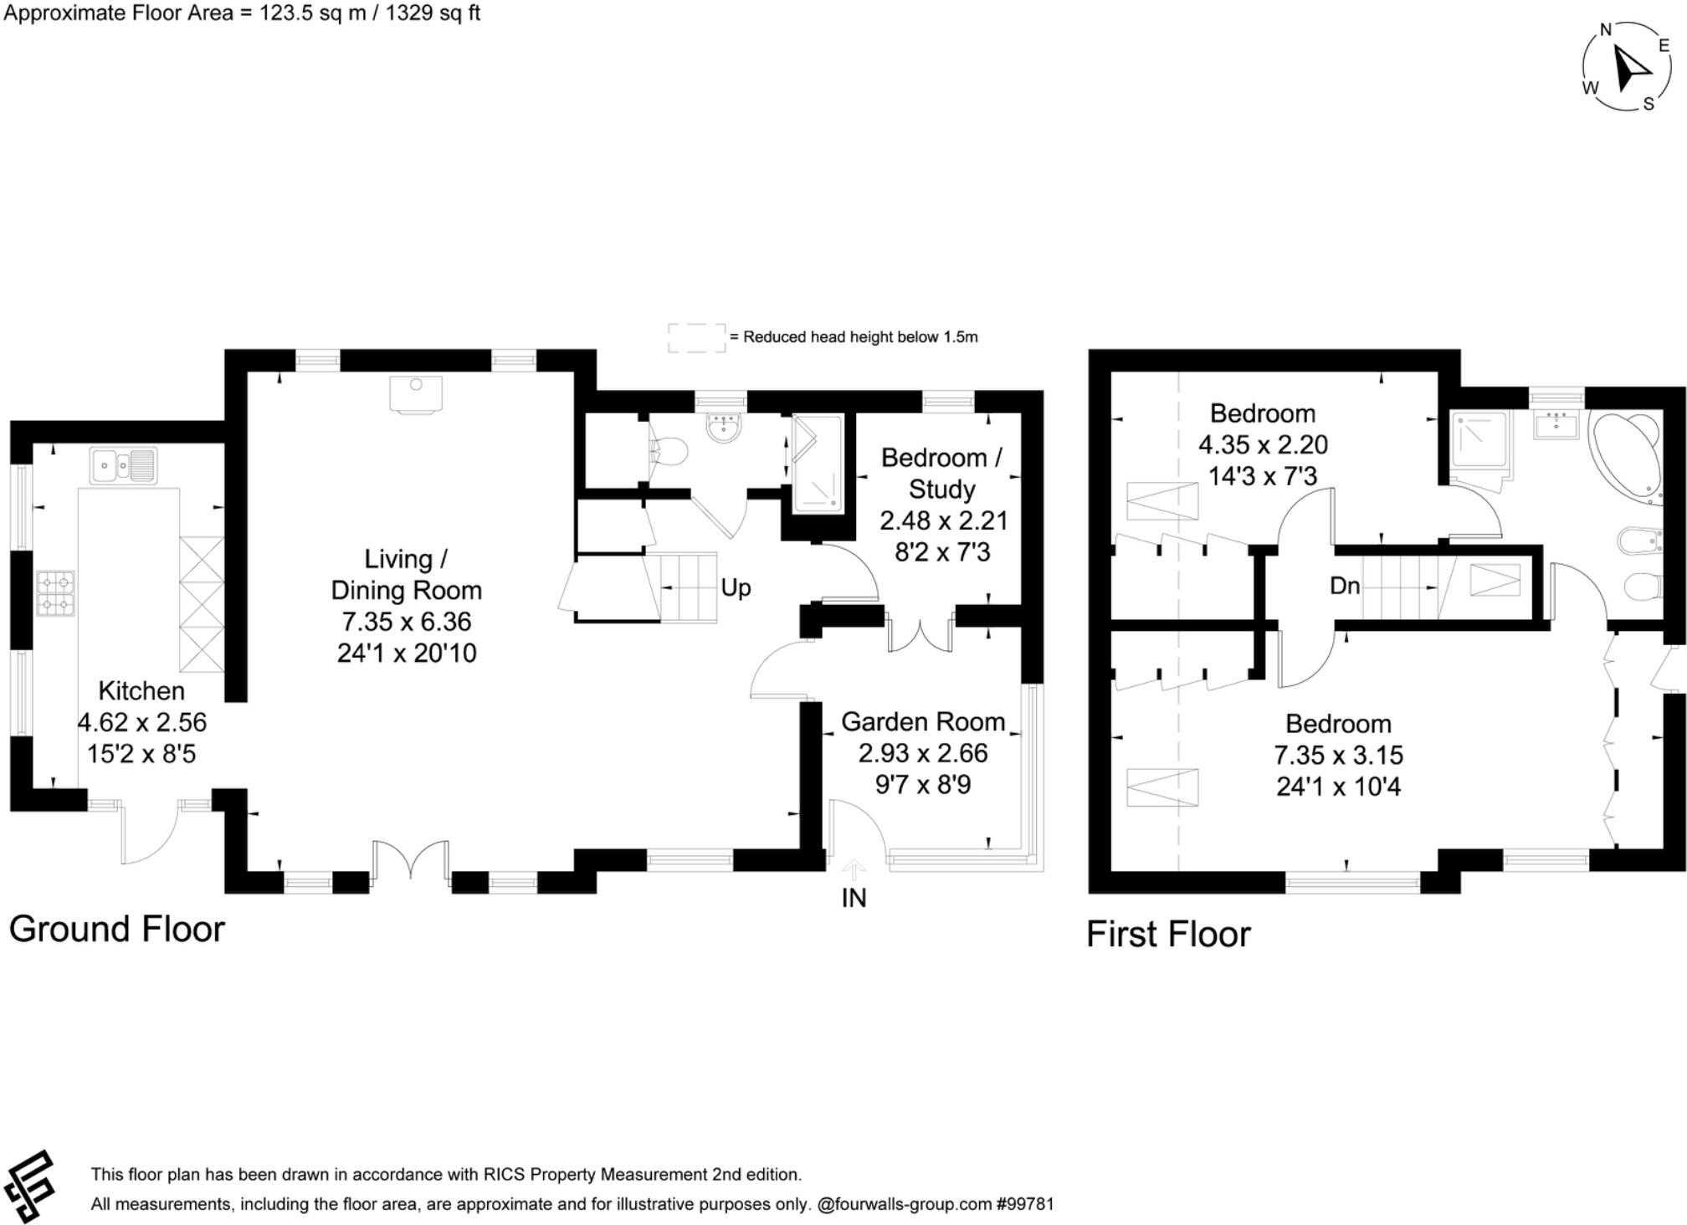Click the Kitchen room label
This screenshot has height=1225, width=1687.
pos(141,691)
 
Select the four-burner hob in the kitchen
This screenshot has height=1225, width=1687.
pos(56,592)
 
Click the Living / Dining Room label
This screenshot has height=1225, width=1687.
pos(406,575)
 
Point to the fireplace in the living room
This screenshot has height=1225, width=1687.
pos(416,394)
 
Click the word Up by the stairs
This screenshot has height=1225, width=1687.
pos(736,587)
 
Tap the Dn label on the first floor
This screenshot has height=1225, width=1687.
pos(1344,586)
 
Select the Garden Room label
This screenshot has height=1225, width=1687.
pos(923,721)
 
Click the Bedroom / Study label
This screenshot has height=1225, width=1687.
pos(941,473)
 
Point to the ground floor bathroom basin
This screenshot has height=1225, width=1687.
pos(723,428)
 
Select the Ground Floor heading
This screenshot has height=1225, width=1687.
pos(117,929)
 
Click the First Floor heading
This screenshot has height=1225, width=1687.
pos(1168,934)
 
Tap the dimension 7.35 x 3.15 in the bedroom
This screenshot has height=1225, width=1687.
pos(1338,755)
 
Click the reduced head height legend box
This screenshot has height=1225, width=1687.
pos(696,338)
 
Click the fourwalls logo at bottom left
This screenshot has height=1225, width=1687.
pos(30,1186)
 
